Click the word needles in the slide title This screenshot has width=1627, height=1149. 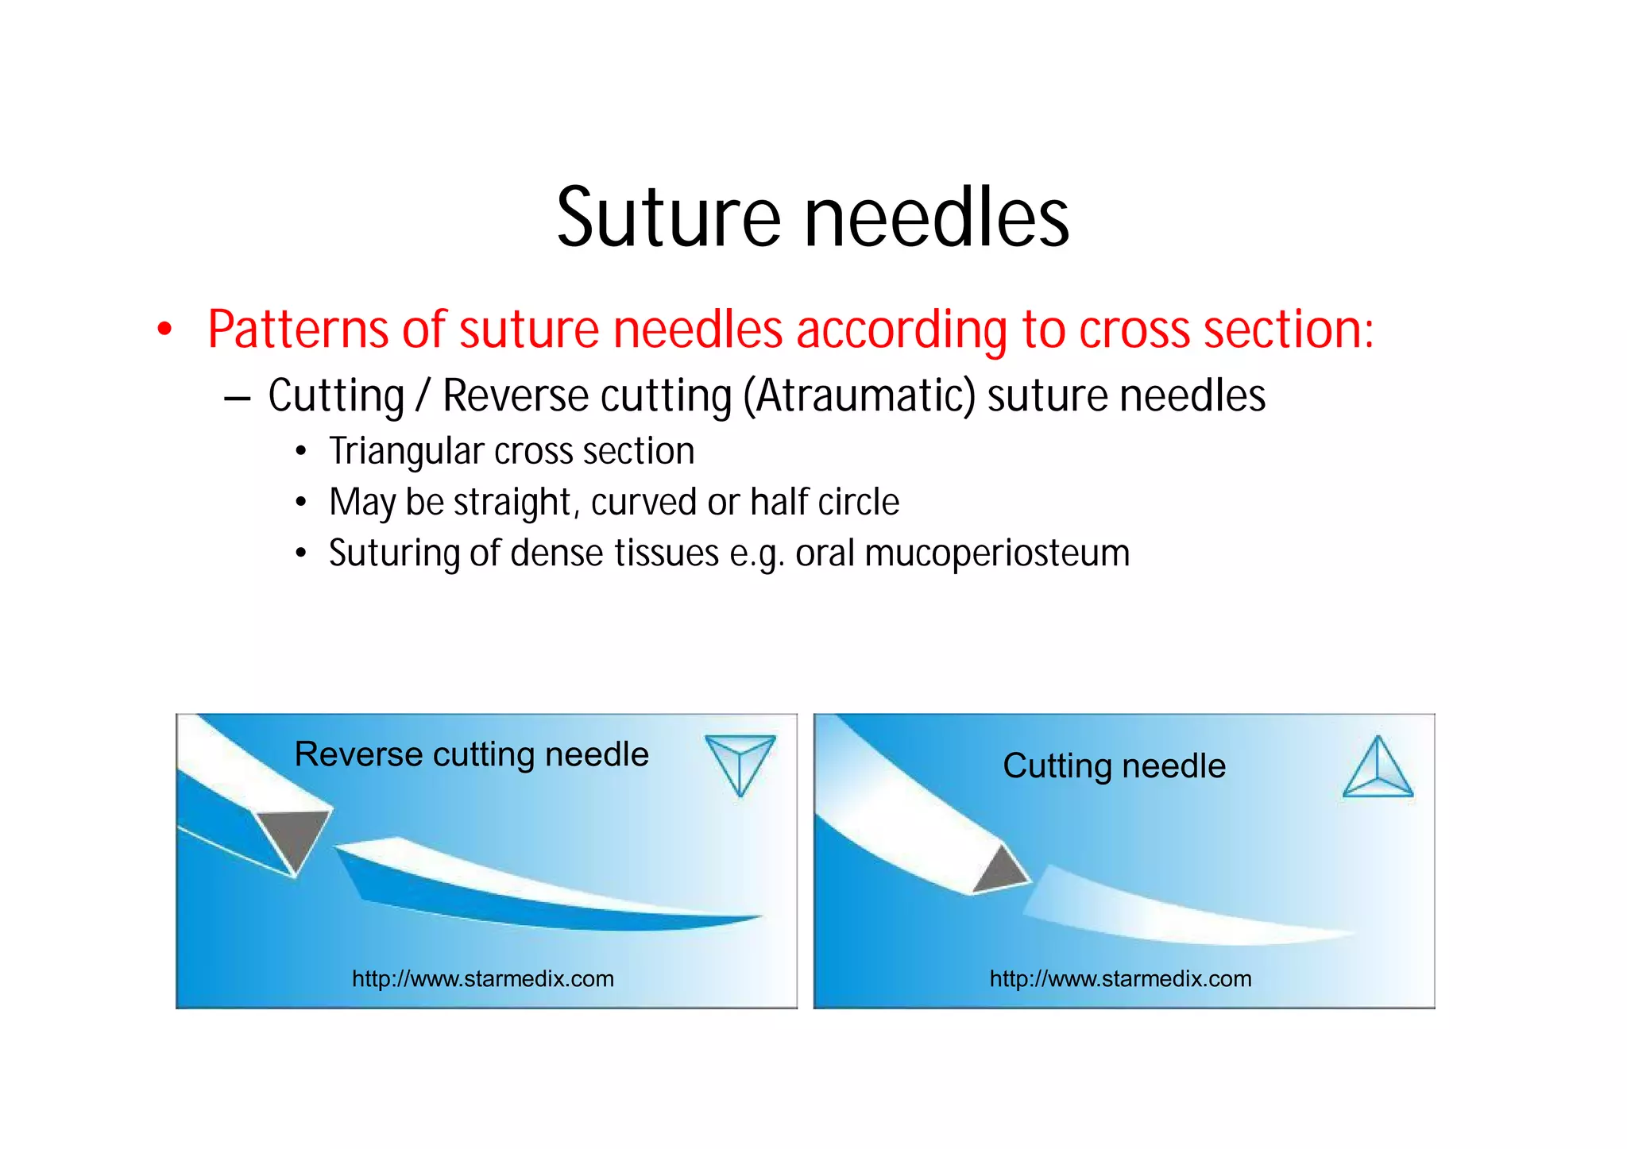point(937,218)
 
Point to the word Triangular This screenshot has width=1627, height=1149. point(406,451)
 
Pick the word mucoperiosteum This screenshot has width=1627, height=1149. point(997,553)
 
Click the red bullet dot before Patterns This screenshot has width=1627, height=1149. point(164,330)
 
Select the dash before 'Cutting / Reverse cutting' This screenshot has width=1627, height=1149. point(238,397)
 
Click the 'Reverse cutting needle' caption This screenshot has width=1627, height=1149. point(471,754)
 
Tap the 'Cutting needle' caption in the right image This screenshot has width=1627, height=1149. point(1114,766)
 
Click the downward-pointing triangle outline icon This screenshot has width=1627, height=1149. point(740,762)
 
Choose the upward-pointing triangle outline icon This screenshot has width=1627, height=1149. point(1378,769)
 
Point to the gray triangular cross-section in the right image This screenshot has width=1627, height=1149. point(1001,870)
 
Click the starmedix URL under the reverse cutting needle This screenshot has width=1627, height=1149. point(483,978)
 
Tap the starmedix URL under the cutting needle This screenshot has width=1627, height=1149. point(1120,978)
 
